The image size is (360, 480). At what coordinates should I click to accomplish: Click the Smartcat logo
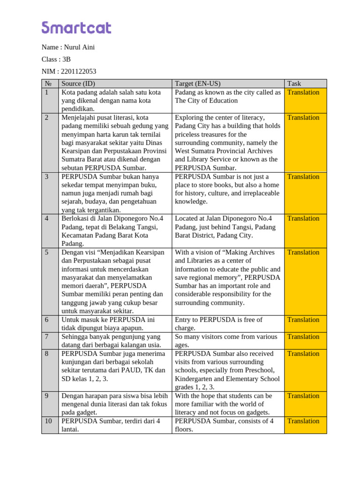[x=76, y=28]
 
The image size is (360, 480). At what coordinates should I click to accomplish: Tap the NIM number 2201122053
[x=79, y=71]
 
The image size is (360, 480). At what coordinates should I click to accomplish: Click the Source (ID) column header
[x=78, y=84]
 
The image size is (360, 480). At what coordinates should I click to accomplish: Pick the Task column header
[x=294, y=84]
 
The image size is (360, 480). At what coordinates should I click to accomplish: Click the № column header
[x=47, y=84]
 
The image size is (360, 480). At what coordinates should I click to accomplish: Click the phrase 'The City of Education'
[x=206, y=101]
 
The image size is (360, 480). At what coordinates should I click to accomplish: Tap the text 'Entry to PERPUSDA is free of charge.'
[x=218, y=324]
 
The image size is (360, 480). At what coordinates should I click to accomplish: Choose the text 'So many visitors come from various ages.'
[x=226, y=341]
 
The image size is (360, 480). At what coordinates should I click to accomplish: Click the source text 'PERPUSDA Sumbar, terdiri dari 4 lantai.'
[x=111, y=425]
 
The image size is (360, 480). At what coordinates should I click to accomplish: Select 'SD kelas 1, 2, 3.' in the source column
[x=85, y=379]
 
